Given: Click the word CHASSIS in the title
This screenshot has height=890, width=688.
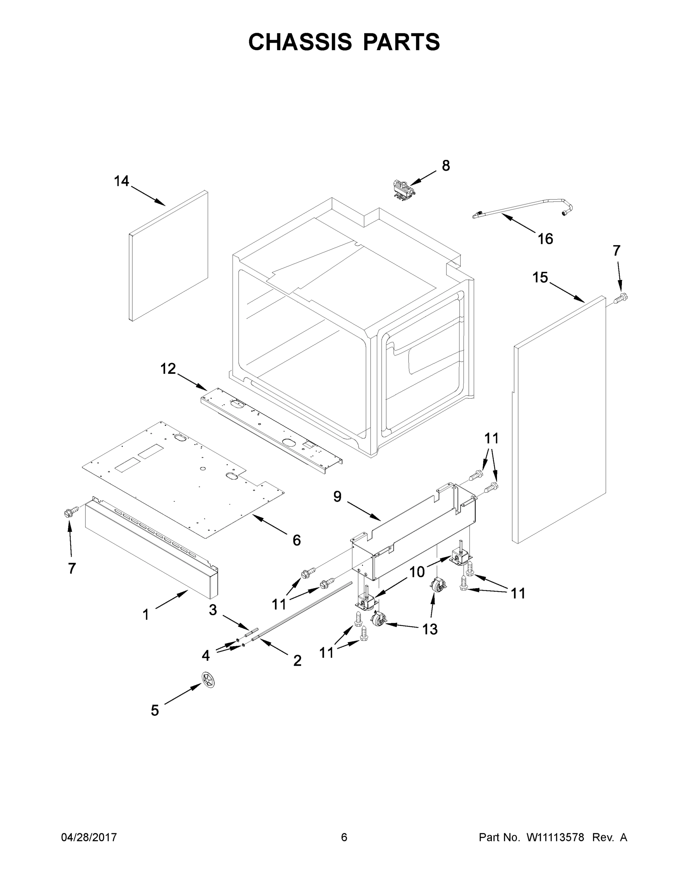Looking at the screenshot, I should (x=300, y=42).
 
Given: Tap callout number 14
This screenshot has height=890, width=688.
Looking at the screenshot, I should (x=121, y=181).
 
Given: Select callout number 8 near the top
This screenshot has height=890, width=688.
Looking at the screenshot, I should (x=446, y=165).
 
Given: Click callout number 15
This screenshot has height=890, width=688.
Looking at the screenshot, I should (x=540, y=277).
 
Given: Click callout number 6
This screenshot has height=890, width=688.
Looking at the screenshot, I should (x=296, y=540).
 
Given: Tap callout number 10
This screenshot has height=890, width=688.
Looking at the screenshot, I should (x=417, y=572).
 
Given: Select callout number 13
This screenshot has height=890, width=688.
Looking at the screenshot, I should (x=429, y=629).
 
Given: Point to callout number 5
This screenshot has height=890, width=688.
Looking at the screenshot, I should (x=155, y=710).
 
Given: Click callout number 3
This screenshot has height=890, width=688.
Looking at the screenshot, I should (x=213, y=610).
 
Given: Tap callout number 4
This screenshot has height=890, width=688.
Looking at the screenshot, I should (x=206, y=655).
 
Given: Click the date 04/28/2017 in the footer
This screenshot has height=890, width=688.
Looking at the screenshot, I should (x=89, y=837).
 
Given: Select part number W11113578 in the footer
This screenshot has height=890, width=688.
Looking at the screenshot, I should (x=555, y=837).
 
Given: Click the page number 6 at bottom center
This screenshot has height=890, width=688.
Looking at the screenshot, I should (x=344, y=837).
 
